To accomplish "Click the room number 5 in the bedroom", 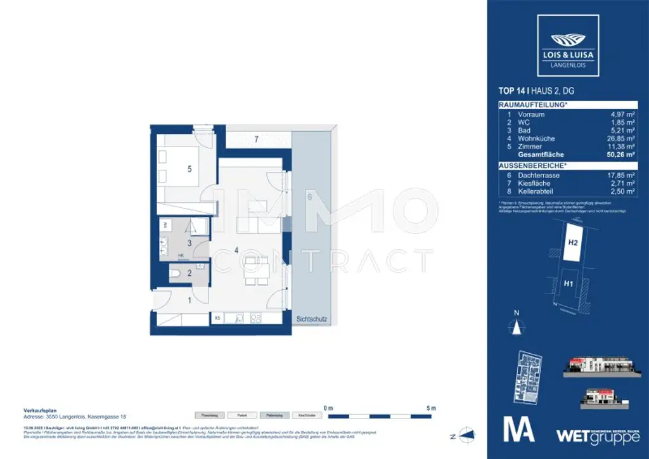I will tap(189, 169).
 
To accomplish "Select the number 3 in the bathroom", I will tap(189, 242).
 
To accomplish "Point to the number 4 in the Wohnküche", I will tap(236, 250).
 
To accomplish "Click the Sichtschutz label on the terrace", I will tap(311, 320).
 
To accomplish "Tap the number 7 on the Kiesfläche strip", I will tap(256, 138).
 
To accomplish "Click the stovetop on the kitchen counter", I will tap(257, 318).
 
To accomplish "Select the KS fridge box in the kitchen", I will tap(218, 318).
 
